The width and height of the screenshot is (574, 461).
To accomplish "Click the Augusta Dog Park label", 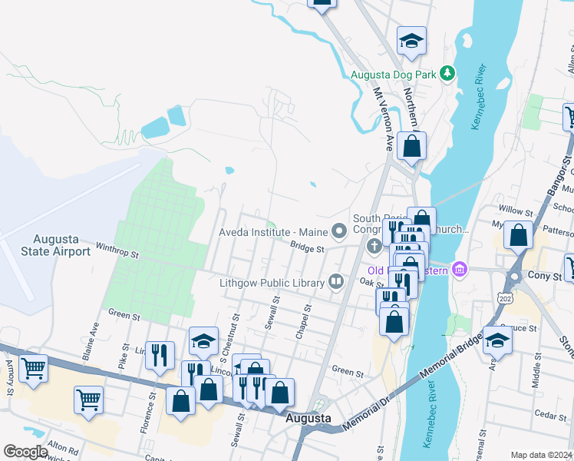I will (x=393, y=75).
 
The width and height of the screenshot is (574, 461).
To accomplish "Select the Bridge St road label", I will (x=308, y=247).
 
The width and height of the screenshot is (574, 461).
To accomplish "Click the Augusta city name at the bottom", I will (x=308, y=419).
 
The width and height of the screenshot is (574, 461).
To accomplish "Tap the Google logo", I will (x=25, y=452).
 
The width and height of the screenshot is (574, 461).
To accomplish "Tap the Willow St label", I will (x=516, y=211).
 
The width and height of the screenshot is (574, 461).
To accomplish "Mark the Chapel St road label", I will (x=302, y=323).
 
